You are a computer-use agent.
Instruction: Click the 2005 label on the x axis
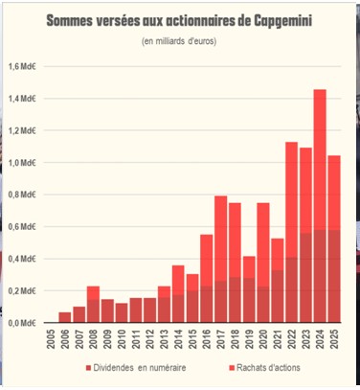click(51, 342)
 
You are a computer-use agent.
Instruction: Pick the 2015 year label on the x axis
click(191, 342)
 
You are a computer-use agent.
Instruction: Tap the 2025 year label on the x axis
click(333, 342)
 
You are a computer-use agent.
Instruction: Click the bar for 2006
click(64, 318)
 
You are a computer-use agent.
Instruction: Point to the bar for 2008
click(93, 305)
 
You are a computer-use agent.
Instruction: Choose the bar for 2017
click(220, 259)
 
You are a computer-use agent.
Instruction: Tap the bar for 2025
click(333, 240)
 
